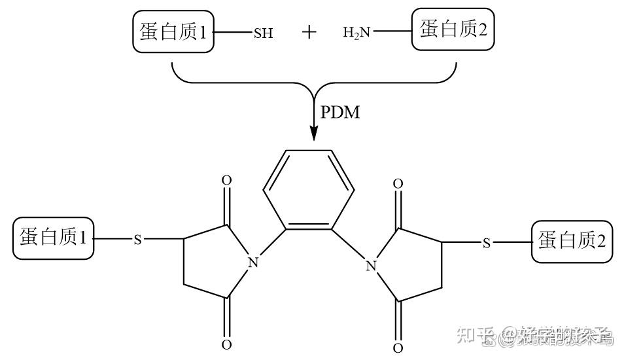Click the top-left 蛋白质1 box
(x=173, y=32)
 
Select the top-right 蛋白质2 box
(x=453, y=29)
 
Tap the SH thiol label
(x=263, y=33)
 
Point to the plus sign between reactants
(x=309, y=32)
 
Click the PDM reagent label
(x=340, y=112)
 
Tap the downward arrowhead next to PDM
(x=314, y=133)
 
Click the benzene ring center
(x=309, y=190)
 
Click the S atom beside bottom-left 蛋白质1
(x=137, y=240)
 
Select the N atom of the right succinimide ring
(x=371, y=266)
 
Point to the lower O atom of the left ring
(x=226, y=345)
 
